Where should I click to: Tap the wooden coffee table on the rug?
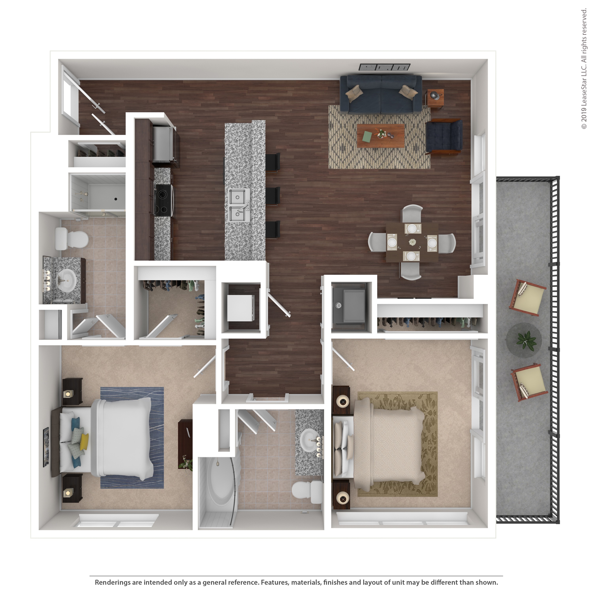pyautogui.click(x=381, y=136)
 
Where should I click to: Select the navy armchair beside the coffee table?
pyautogui.click(x=444, y=136)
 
